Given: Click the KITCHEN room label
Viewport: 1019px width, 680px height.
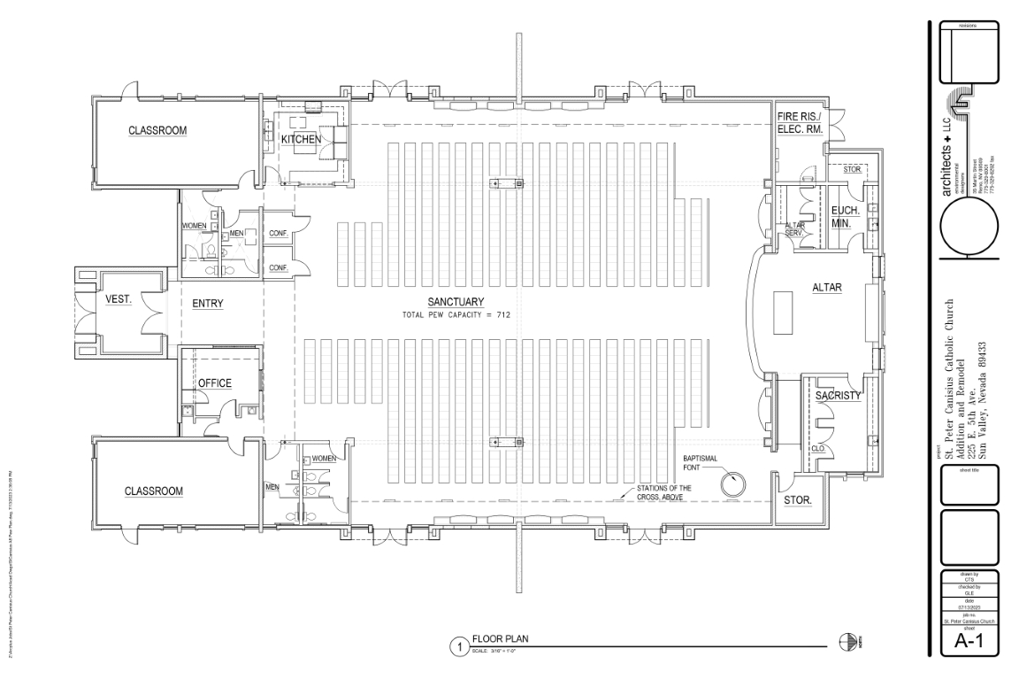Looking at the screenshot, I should [300, 140].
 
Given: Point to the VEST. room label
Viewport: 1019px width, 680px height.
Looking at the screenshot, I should [119, 300].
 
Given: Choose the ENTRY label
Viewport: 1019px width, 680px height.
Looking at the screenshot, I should [207, 304].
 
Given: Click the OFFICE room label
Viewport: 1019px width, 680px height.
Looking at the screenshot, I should [214, 383].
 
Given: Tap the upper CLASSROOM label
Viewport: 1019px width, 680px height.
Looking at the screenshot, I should [157, 130].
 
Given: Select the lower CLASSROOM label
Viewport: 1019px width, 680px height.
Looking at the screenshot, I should [153, 490].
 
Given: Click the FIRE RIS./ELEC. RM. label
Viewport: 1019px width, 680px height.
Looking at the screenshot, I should [800, 123].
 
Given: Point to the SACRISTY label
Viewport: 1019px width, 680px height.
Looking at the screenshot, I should [838, 396].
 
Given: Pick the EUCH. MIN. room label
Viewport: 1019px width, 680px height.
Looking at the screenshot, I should [840, 217].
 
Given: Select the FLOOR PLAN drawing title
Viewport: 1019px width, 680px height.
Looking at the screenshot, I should [502, 638].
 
